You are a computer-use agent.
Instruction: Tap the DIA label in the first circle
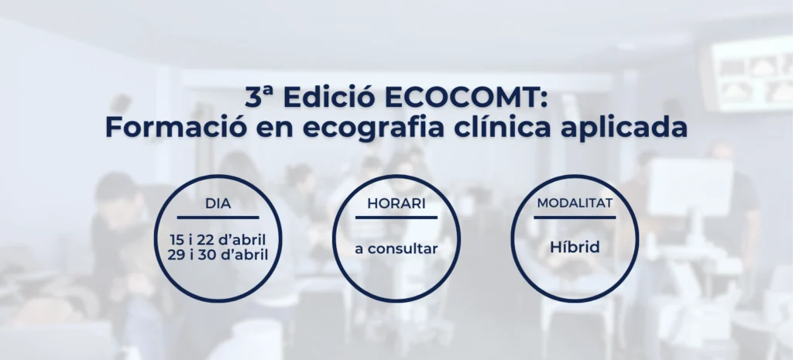pyautogui.click(x=218, y=204)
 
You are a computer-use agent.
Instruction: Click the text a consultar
pyautogui.click(x=396, y=249)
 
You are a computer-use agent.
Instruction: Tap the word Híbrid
pyautogui.click(x=575, y=248)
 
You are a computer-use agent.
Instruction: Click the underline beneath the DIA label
pyautogui.click(x=218, y=218)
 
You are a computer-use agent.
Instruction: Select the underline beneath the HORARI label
pyautogui.click(x=396, y=218)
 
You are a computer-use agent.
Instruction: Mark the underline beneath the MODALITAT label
pyautogui.click(x=575, y=218)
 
